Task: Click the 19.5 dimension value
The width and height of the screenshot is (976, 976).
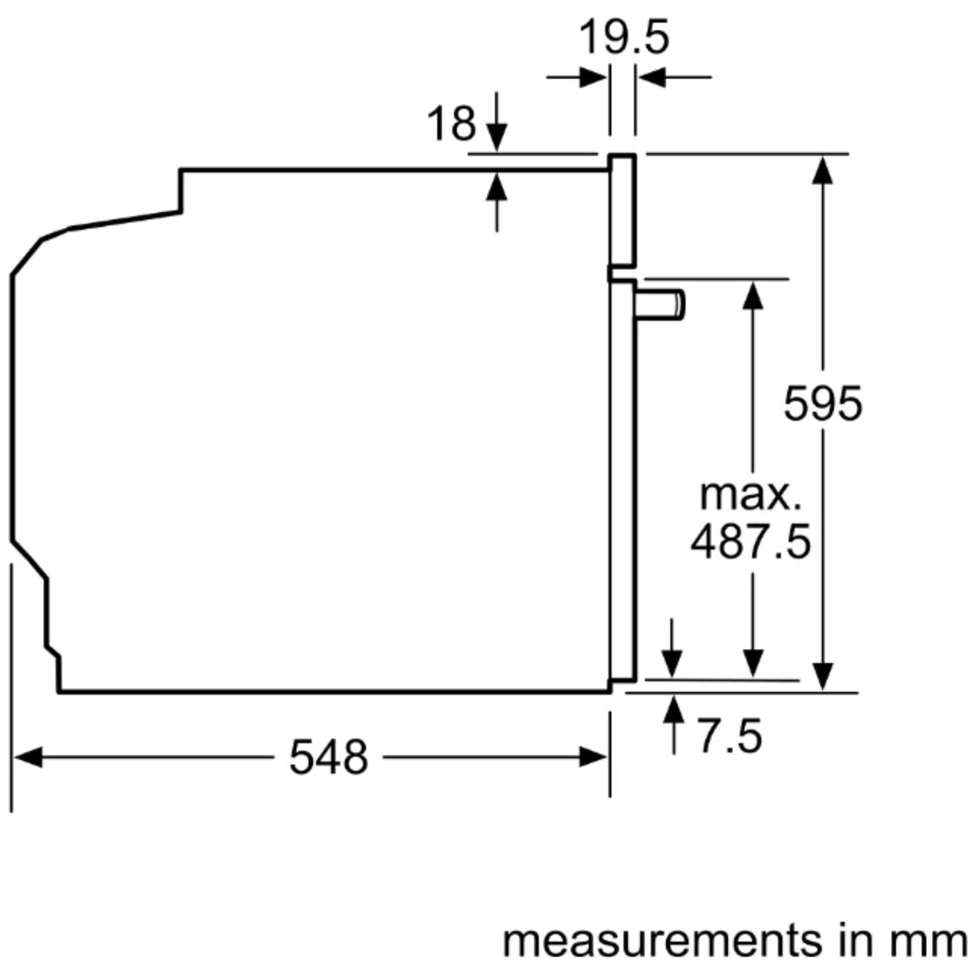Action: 624,38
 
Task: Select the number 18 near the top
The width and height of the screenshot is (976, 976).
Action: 451,124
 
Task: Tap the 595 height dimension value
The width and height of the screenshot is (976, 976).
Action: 822,403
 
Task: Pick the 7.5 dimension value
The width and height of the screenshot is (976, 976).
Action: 730,737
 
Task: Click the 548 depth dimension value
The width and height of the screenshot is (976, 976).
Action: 329,758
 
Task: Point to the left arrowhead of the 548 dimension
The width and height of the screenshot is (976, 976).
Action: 28,758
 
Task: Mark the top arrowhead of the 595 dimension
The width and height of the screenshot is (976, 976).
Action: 823,169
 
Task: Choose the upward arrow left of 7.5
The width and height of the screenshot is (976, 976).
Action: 673,711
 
